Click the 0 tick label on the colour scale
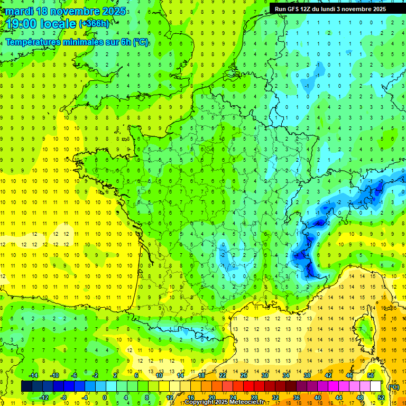104,397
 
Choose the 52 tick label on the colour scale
381,397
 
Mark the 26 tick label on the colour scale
243,375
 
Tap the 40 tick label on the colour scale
318,397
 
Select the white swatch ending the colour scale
375,386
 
